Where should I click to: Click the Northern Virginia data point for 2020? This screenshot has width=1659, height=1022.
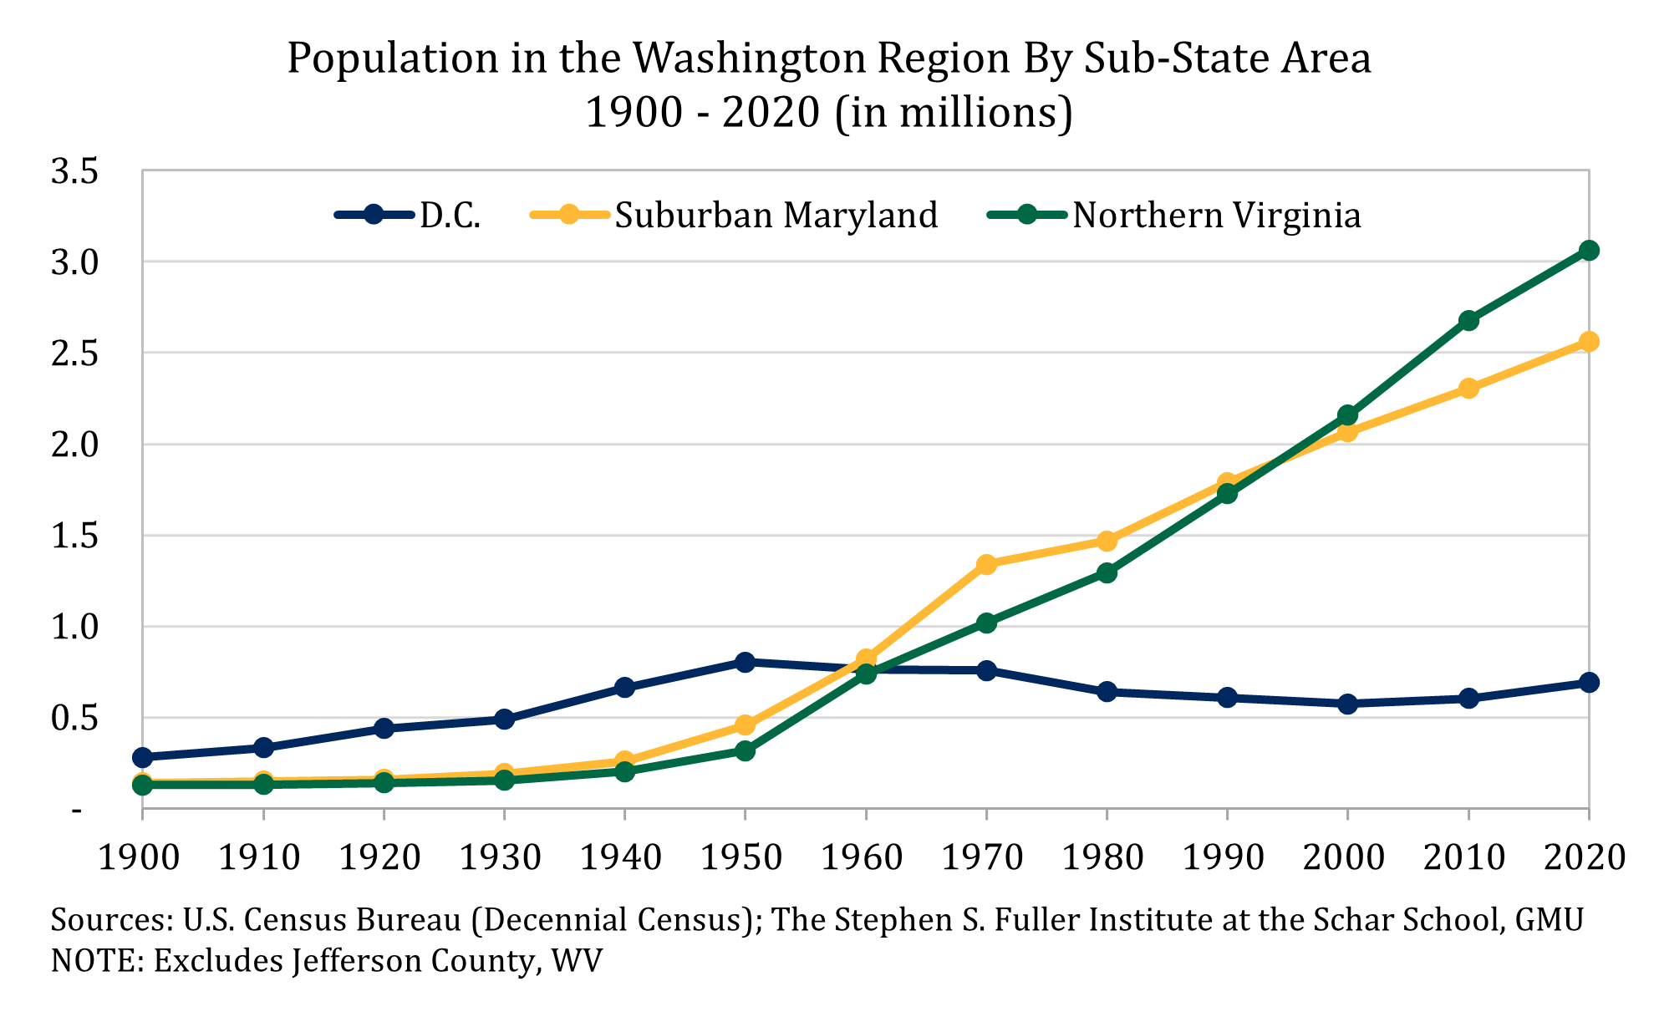[x=1588, y=251]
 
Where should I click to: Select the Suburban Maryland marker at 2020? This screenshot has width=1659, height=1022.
[x=1588, y=342]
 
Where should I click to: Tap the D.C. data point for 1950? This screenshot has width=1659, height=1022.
[x=745, y=662]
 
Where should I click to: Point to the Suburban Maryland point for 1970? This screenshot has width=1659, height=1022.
[x=986, y=564]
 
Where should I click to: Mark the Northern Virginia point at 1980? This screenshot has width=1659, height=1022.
[x=1107, y=573]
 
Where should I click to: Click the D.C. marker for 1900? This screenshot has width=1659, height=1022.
[x=143, y=757]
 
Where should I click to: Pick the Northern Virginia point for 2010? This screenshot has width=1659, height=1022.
[x=1468, y=321]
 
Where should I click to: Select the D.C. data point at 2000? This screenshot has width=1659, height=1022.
[x=1347, y=704]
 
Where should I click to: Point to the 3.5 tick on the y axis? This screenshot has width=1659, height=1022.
[x=74, y=172]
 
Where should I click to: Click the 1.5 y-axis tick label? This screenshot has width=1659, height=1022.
[x=74, y=536]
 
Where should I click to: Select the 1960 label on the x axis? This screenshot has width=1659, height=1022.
[x=862, y=858]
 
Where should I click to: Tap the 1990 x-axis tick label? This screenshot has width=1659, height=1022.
[x=1224, y=858]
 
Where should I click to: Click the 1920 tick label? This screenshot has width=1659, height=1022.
[x=379, y=858]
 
